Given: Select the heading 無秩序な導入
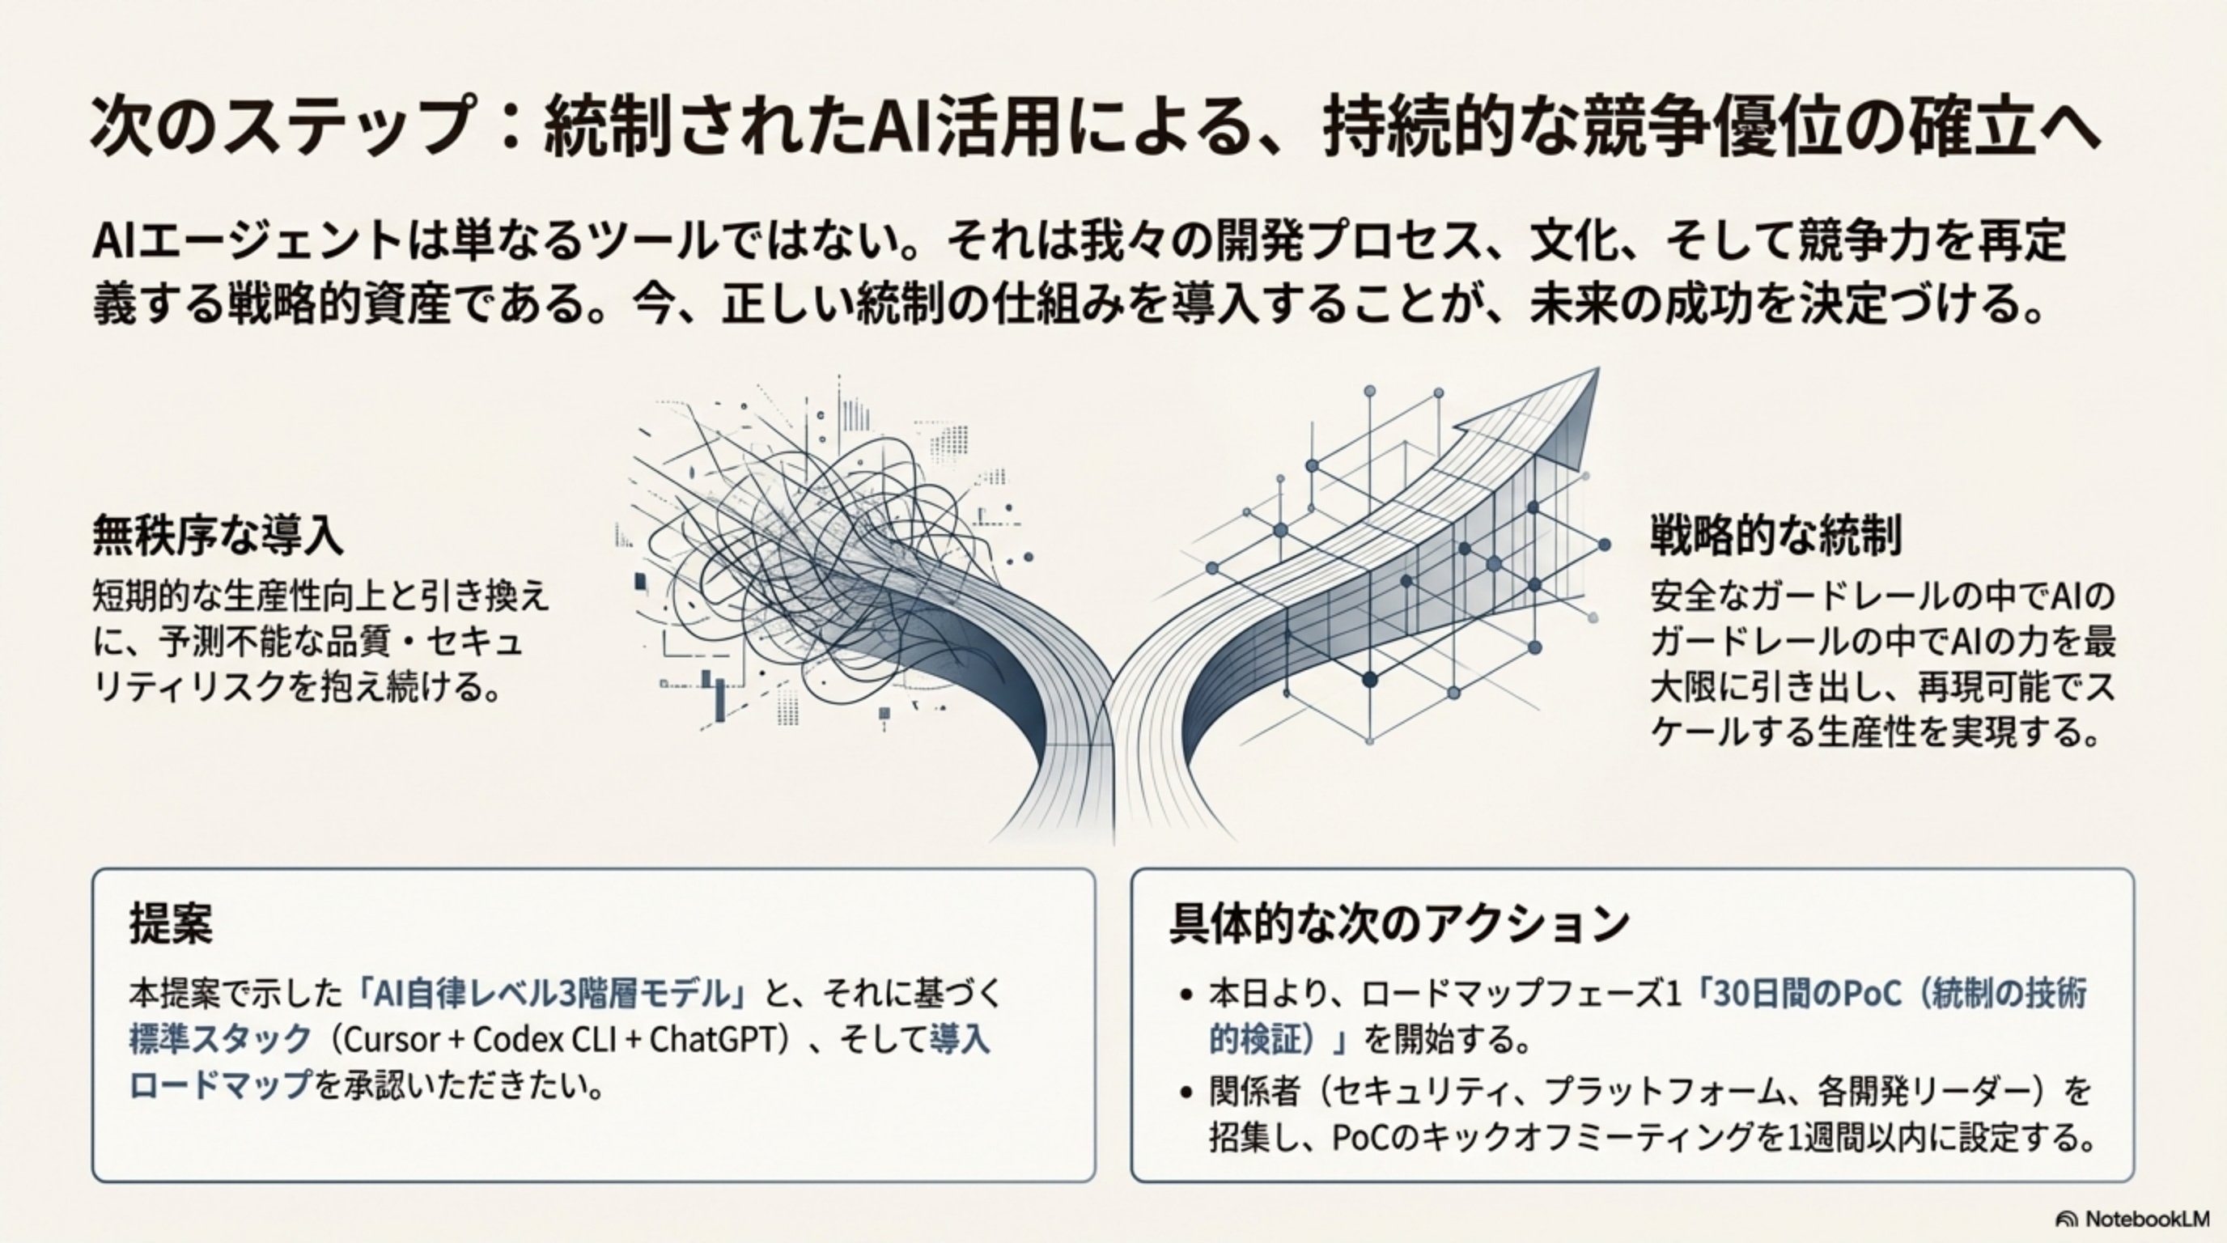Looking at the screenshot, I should pyautogui.click(x=218, y=535).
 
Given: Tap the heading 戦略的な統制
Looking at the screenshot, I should pyautogui.click(x=1775, y=535).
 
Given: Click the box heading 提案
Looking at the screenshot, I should pyautogui.click(x=170, y=924).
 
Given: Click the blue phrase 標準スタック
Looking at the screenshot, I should pyautogui.click(x=220, y=1039).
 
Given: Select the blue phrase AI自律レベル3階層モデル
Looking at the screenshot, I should pyautogui.click(x=554, y=994).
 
